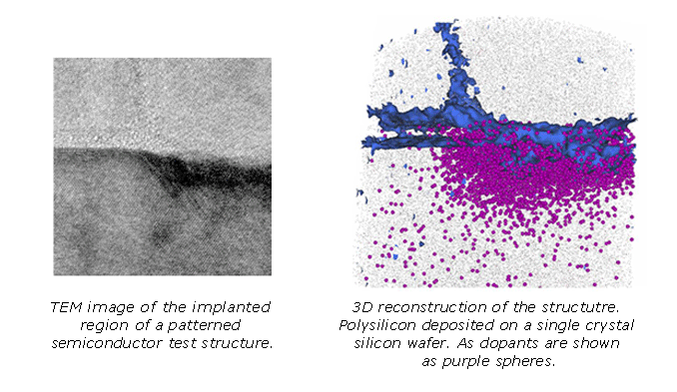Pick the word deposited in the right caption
(x=460, y=324)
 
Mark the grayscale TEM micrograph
(x=163, y=167)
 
